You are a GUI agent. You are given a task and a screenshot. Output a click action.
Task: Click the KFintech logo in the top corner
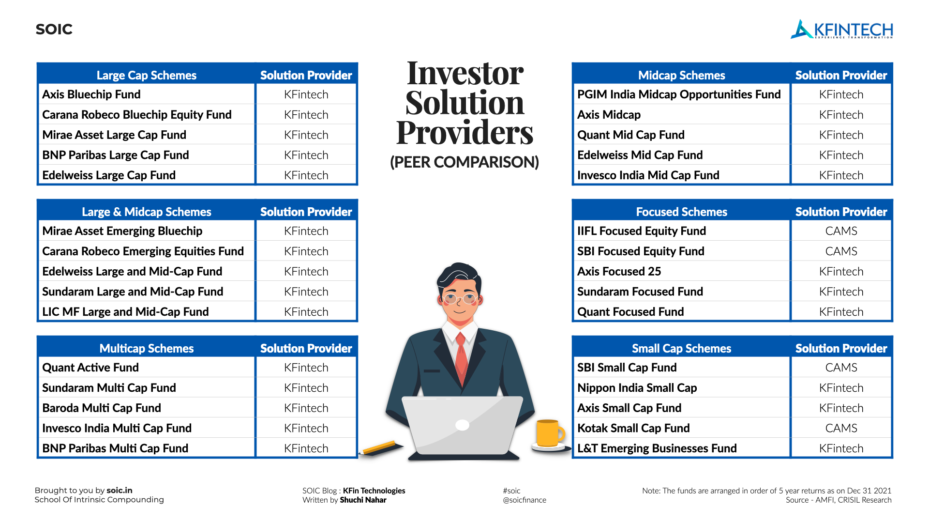tap(842, 30)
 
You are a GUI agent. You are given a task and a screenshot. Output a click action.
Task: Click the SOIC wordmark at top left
tap(54, 30)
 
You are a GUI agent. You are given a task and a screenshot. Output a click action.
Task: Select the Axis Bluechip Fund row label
tap(91, 94)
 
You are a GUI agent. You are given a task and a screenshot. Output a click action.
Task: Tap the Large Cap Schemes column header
tap(146, 75)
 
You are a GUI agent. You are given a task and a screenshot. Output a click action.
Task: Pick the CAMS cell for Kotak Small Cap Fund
tap(841, 428)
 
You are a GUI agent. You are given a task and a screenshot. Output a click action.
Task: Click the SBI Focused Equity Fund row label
tap(641, 251)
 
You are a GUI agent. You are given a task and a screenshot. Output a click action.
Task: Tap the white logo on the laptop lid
tap(463, 425)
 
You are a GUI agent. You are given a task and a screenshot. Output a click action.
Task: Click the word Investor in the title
tap(465, 74)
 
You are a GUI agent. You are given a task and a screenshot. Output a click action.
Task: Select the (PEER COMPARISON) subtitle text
tap(464, 162)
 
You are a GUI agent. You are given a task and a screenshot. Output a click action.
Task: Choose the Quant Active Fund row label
tap(90, 368)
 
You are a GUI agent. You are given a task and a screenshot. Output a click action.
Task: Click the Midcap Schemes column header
tap(681, 75)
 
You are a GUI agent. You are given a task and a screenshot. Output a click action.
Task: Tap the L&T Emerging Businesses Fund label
tap(657, 448)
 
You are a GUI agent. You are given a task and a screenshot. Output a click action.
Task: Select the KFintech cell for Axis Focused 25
tap(841, 272)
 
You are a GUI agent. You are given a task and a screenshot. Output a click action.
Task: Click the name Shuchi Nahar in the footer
tap(363, 500)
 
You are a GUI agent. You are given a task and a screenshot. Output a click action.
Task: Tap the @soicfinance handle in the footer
tap(524, 500)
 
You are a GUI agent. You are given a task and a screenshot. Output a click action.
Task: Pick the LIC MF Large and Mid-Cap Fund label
tap(125, 312)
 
